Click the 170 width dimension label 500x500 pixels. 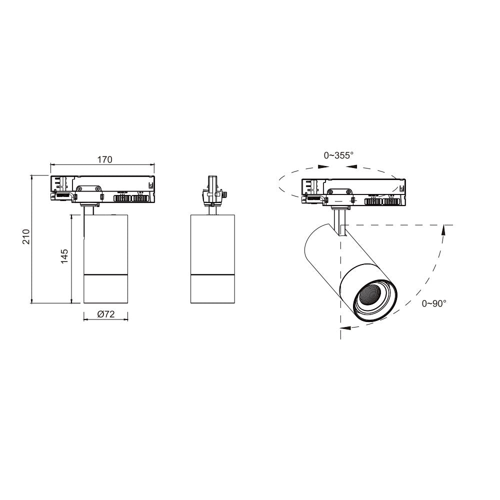104,160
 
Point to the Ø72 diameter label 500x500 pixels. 105,314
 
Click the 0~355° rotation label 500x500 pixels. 338,155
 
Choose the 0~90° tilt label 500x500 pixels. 433,303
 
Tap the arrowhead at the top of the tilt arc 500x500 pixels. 442,229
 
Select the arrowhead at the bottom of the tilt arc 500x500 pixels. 344,328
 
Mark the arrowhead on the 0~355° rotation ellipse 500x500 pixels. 322,167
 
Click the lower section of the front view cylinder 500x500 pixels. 105,289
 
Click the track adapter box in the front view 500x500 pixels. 103,189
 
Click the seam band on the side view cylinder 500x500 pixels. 212,274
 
